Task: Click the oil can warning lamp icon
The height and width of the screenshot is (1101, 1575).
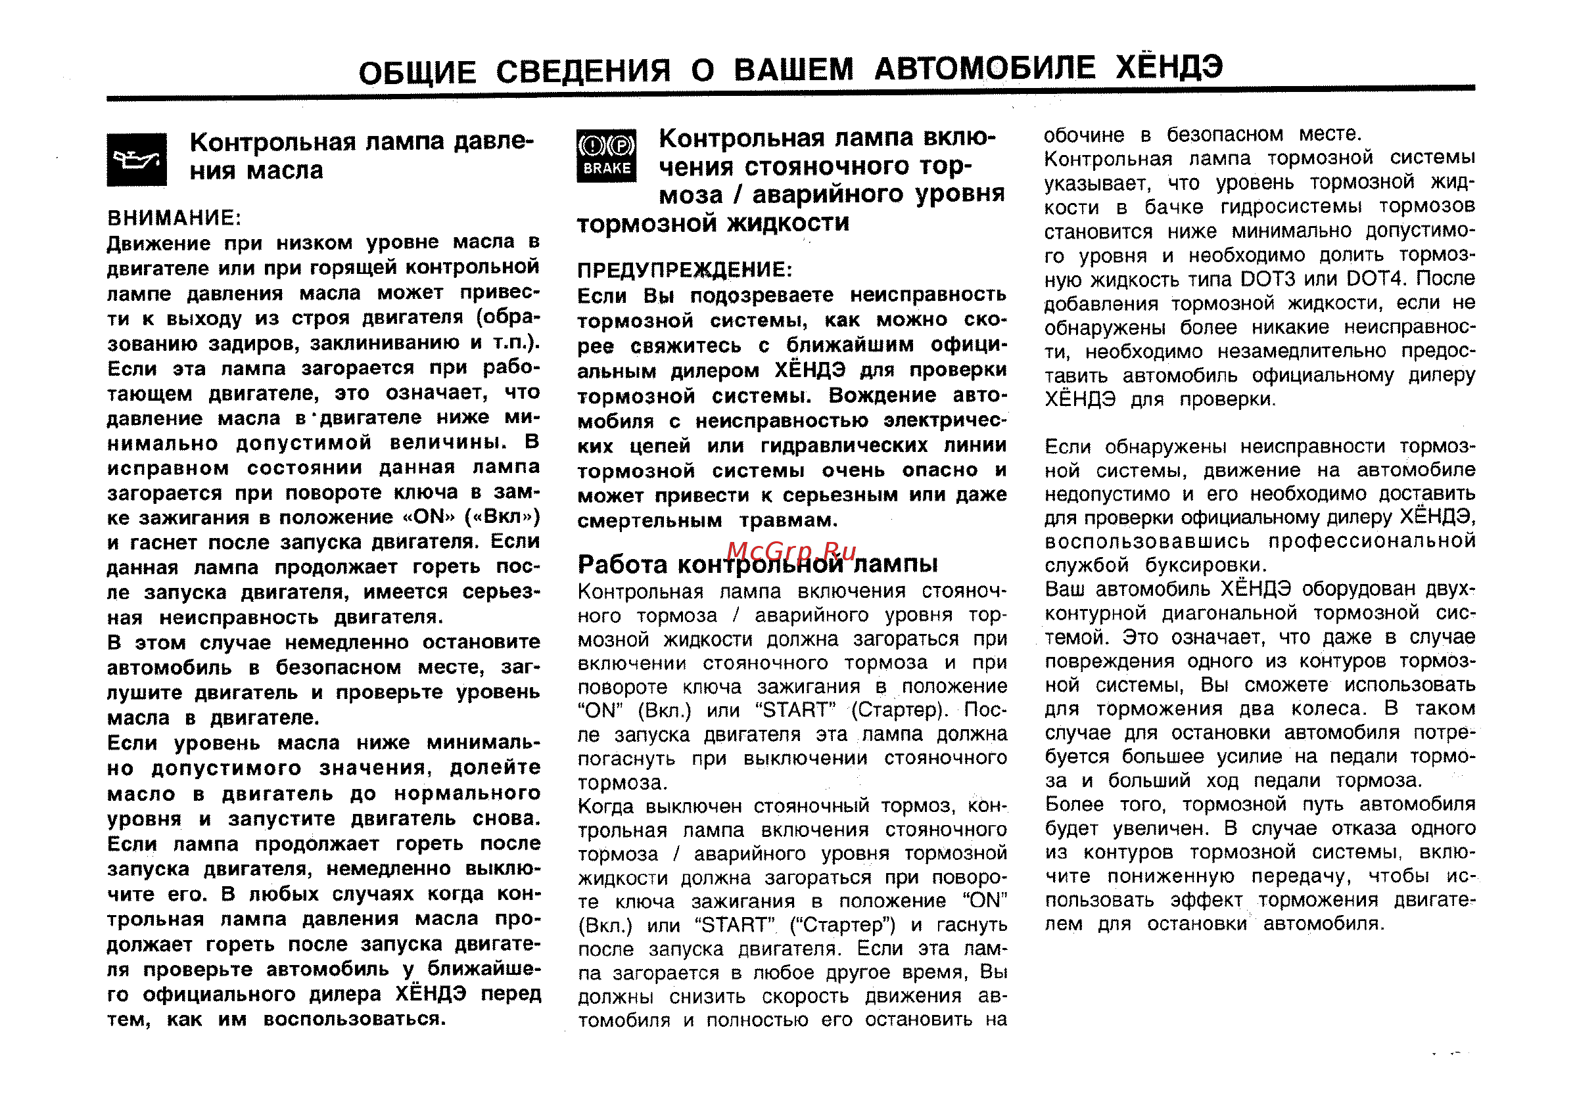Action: [x=137, y=160]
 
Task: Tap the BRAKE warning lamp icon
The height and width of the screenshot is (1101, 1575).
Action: [x=607, y=156]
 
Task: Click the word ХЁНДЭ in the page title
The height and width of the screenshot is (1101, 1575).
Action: [x=1169, y=67]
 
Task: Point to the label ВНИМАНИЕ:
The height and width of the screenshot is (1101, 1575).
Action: [x=174, y=218]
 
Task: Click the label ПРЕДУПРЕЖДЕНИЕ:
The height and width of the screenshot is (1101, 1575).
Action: [x=684, y=269]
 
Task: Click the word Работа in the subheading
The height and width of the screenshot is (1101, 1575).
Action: [x=623, y=564]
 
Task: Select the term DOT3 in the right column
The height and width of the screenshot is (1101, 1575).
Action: [x=1267, y=279]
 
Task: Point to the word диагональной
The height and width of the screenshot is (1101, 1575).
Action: [x=1231, y=613]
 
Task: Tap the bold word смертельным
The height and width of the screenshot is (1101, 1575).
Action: [x=649, y=521]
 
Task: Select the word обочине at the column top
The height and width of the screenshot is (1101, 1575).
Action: [x=1084, y=135]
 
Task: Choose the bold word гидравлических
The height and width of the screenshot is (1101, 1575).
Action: [x=843, y=445]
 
